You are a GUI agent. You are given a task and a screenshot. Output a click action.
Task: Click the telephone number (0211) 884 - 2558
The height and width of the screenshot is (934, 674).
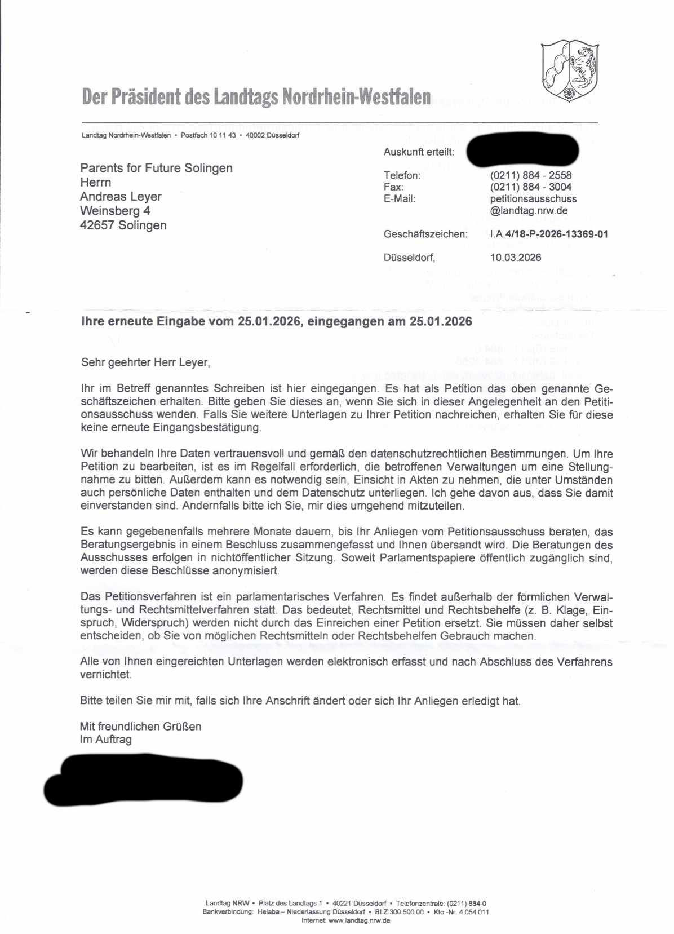point(531,175)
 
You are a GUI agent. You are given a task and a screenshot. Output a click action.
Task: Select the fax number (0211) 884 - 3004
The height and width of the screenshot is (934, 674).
point(531,187)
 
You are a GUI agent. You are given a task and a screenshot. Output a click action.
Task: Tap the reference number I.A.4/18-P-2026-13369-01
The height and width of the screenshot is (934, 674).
point(549,234)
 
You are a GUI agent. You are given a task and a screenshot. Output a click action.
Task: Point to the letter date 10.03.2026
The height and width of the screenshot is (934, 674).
point(516,258)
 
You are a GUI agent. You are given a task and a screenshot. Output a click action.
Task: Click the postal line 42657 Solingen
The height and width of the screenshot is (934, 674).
point(123,225)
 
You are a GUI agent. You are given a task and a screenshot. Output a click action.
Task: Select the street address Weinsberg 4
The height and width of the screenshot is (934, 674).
point(115,211)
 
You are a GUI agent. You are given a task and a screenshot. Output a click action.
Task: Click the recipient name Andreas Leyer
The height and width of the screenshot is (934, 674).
point(121,197)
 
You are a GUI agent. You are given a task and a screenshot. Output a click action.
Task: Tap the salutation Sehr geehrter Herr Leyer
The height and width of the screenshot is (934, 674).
point(145,362)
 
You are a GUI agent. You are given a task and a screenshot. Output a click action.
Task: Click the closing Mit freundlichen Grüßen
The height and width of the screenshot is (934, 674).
point(140,727)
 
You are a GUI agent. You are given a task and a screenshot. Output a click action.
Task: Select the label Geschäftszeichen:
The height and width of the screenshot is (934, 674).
point(425,234)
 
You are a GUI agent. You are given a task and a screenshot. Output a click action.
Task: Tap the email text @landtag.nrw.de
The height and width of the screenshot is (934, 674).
point(529,211)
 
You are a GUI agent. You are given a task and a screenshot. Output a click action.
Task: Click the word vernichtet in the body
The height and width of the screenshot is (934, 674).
point(105,674)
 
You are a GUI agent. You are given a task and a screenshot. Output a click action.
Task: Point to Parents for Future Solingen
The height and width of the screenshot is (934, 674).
point(156,168)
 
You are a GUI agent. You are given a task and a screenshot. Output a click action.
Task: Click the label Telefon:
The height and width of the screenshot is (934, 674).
point(402,175)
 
